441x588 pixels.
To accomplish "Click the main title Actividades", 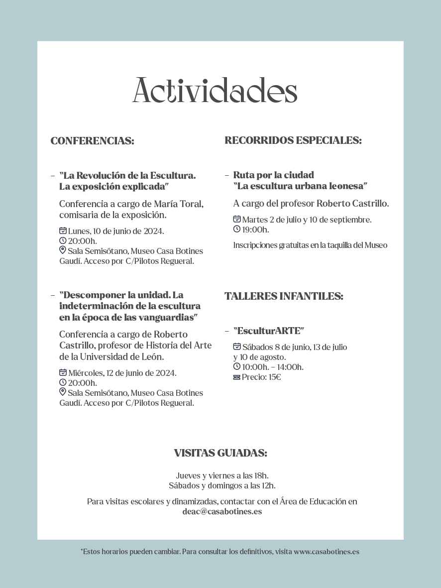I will click(x=215, y=90).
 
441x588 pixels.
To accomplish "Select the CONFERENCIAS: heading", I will click(x=92, y=141).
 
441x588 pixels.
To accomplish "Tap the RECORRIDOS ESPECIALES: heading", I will click(x=293, y=140).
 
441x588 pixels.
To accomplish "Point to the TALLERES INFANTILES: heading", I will click(x=284, y=296).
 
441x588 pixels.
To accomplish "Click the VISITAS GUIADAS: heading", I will click(x=220, y=453).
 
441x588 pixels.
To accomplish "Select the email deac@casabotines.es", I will click(x=222, y=511).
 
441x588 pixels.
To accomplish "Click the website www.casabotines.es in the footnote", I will click(x=326, y=552).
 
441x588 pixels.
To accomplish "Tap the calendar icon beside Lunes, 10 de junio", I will click(x=63, y=231).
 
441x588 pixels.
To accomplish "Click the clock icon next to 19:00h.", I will click(x=237, y=229).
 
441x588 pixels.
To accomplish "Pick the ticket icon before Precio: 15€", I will click(x=237, y=377).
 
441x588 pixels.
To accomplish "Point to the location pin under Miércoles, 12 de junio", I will click(x=63, y=392).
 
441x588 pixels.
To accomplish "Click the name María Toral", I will click(x=182, y=204).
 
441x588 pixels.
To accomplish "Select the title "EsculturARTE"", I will click(x=268, y=331).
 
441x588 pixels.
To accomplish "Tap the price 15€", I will click(x=275, y=377).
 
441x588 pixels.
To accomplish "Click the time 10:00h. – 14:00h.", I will click(x=273, y=367).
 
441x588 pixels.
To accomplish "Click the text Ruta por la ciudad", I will click(x=273, y=175).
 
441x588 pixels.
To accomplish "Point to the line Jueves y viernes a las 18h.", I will click(x=222, y=475).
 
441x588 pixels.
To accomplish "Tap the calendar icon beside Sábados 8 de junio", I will click(x=237, y=347).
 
